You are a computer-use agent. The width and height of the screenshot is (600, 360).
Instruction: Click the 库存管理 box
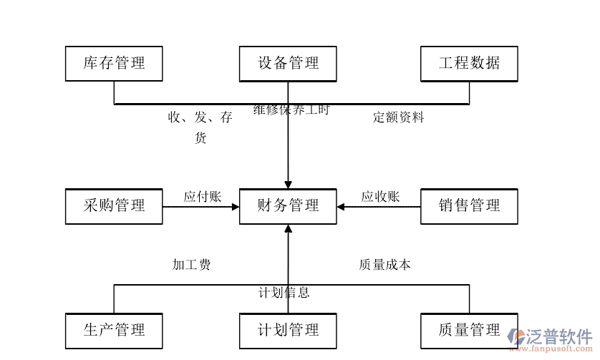114,63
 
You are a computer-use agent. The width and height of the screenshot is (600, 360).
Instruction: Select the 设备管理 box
288,63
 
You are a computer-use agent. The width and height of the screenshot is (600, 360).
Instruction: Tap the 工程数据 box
469,63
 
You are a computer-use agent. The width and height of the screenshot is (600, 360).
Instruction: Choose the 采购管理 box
114,206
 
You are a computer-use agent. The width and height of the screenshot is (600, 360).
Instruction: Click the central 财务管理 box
288,206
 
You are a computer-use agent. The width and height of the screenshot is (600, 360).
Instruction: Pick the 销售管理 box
469,206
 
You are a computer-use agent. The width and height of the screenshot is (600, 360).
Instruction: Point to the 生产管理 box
114,330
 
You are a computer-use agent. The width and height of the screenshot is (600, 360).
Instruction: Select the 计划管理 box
288,330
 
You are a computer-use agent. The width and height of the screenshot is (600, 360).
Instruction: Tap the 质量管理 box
469,330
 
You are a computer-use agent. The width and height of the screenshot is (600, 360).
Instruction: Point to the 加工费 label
191,265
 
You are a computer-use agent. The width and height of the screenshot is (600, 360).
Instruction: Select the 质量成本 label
384,265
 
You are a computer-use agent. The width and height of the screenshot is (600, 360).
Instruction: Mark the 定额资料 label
398,117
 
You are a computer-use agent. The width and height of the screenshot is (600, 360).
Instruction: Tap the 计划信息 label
284,292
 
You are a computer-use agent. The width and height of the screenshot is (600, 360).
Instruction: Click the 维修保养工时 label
291,110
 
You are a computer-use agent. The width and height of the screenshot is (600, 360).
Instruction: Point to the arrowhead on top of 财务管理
288,185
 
